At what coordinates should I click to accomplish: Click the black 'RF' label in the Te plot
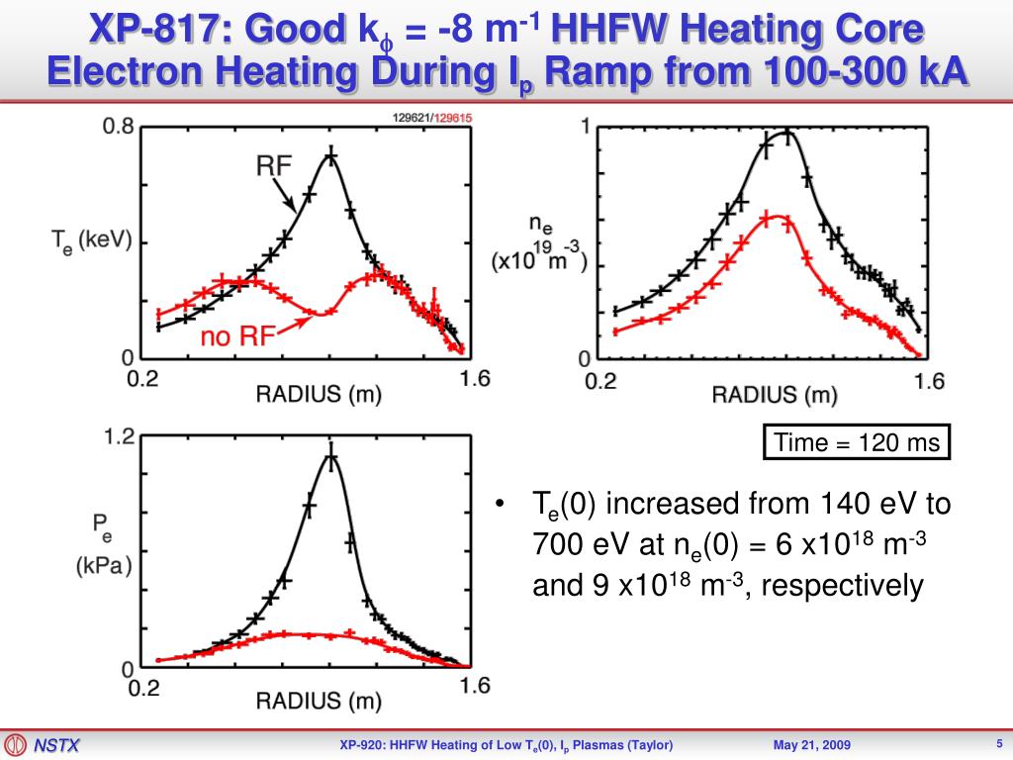[x=274, y=165]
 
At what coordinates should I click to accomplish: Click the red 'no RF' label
[x=230, y=337]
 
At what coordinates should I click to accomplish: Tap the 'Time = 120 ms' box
[x=857, y=442]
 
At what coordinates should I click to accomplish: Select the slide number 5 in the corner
[x=999, y=743]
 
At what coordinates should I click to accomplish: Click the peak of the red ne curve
[x=776, y=216]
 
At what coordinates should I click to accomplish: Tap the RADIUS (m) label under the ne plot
[x=775, y=394]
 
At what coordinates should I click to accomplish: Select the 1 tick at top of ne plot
[x=585, y=127]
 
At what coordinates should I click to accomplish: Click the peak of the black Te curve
[x=330, y=155]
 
